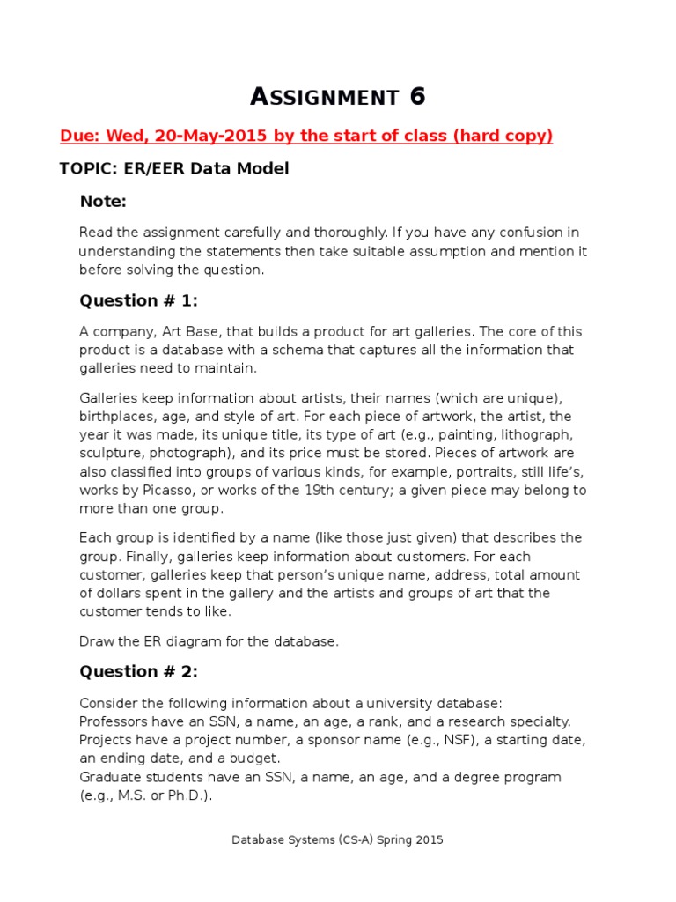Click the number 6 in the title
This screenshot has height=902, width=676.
pyautogui.click(x=417, y=97)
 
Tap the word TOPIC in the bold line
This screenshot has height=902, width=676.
pyautogui.click(x=84, y=168)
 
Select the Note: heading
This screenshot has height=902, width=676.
pyautogui.click(x=103, y=202)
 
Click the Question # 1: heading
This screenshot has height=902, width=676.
pyautogui.click(x=139, y=300)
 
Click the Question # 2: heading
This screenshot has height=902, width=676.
pyautogui.click(x=139, y=671)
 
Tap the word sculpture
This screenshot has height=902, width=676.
pyautogui.click(x=111, y=454)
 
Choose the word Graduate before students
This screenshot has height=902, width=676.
pyautogui.click(x=108, y=777)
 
